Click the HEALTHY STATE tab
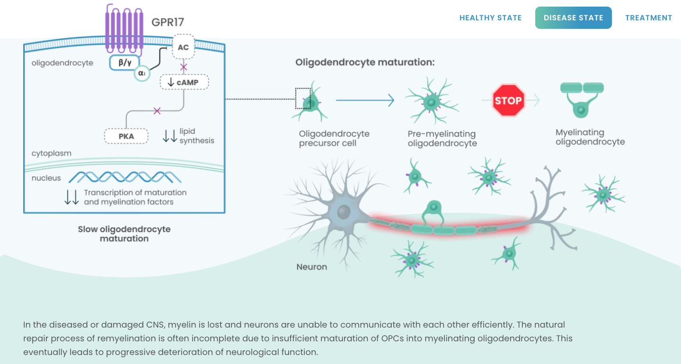[490, 18]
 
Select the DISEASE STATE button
[574, 18]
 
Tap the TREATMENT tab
[648, 18]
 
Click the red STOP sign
[508, 101]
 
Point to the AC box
[183, 47]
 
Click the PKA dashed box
[126, 136]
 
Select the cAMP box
[184, 82]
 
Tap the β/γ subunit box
[124, 62]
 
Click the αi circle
[142, 73]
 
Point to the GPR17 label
[168, 22]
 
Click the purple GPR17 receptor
[124, 29]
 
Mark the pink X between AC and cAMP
[183, 67]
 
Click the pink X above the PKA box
[157, 111]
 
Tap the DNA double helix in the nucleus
[125, 177]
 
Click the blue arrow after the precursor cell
[365, 100]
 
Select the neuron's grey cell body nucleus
[344, 212]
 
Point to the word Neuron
[311, 267]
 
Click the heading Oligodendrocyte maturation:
[365, 62]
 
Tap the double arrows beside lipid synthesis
[169, 136]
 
